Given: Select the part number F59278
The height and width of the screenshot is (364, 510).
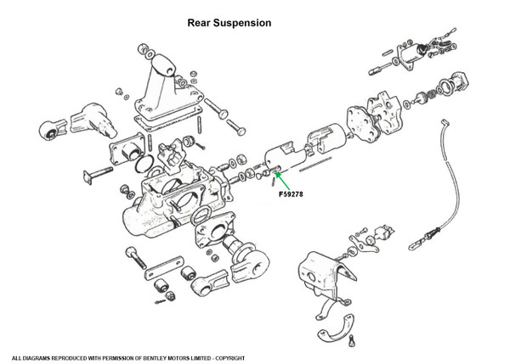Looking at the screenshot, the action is tap(291, 194).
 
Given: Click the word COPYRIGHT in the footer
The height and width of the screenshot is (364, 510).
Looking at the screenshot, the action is tap(230, 358).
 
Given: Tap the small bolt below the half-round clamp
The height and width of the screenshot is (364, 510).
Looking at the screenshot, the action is tap(352, 342).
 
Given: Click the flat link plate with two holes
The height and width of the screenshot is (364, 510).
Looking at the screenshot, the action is tap(164, 268).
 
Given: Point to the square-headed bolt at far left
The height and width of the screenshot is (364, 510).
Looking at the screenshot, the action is tap(98, 174).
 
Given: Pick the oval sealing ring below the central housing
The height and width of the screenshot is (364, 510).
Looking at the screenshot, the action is tap(201, 216).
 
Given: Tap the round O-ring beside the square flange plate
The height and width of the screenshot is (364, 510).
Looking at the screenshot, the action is tap(144, 164).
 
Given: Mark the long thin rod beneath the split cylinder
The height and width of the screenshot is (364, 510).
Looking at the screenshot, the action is tap(315, 164).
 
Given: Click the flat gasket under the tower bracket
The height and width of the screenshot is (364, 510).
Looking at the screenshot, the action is tap(167, 119).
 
